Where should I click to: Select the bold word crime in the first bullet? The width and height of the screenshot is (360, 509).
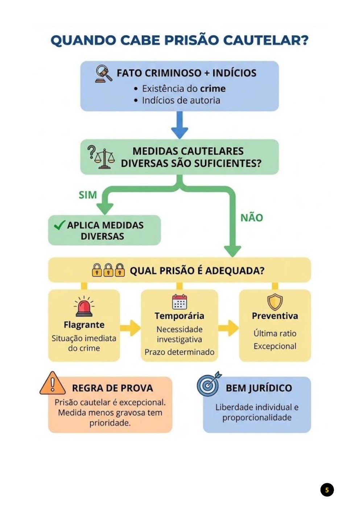tap(213, 89)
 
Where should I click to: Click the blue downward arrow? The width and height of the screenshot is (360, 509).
tap(179, 125)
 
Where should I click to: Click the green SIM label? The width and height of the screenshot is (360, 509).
tap(88, 195)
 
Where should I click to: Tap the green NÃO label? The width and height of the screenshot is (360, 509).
tap(252, 218)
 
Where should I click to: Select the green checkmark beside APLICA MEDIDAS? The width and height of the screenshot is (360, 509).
tap(59, 225)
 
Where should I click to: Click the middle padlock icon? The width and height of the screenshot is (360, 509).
tap(108, 270)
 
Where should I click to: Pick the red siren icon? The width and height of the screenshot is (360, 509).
tap(84, 307)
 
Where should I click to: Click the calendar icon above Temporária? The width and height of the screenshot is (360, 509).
tap(179, 302)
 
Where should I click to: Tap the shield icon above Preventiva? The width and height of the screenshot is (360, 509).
tap(275, 302)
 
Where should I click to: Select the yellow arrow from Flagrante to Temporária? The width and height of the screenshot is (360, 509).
tap(130, 328)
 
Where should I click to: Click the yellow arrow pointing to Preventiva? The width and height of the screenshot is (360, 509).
tap(228, 328)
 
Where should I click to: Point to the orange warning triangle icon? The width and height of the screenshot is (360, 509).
tap(53, 384)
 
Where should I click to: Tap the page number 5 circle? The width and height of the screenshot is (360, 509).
tap(327, 490)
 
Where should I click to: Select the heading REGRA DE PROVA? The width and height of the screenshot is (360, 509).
tap(112, 388)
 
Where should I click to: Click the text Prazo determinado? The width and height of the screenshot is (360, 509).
tap(179, 352)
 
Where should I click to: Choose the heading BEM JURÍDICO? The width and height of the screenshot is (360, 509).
tap(259, 388)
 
